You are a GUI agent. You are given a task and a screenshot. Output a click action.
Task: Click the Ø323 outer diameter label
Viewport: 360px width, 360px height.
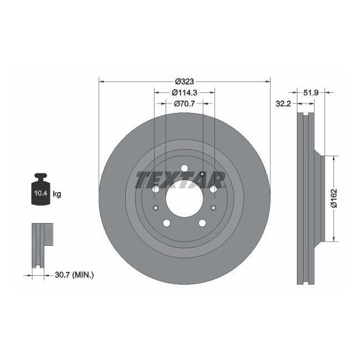[x=184, y=80]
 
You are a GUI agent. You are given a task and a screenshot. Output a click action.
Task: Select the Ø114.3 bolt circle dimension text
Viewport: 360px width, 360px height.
[x=184, y=92]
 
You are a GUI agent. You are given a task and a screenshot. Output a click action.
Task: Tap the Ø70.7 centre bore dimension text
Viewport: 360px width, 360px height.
[x=184, y=103]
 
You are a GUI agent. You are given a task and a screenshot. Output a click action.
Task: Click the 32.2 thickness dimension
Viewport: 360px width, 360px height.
[x=284, y=103]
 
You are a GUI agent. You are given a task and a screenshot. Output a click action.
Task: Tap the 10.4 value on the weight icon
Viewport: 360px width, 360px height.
[x=40, y=194]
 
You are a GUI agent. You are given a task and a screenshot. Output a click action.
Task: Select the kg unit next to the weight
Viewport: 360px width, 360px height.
[x=57, y=194]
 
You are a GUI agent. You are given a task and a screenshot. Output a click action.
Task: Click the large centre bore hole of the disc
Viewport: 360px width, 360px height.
[x=184, y=199]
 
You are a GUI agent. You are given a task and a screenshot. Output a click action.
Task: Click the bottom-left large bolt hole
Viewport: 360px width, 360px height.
[x=166, y=223]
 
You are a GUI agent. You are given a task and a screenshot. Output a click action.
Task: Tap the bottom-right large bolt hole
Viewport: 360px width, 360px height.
[x=202, y=223]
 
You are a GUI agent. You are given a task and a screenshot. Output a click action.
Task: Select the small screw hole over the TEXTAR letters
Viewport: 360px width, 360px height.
[x=203, y=176]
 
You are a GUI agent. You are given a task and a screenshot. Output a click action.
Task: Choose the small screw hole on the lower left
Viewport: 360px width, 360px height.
[x=156, y=208]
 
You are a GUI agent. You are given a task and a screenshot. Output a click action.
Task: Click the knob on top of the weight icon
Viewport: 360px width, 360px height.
[x=40, y=177]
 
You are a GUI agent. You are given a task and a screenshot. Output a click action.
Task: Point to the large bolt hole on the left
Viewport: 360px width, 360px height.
[x=155, y=189]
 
